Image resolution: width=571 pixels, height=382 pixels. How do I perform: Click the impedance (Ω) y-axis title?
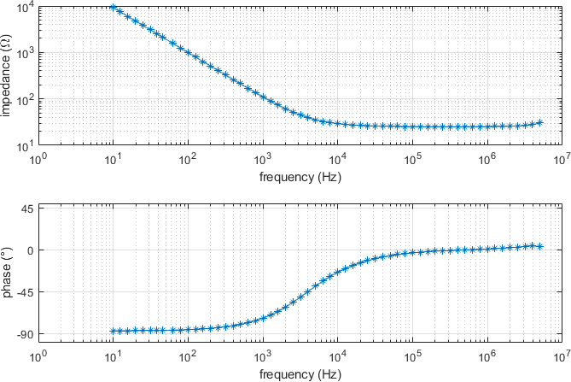pos(6,75)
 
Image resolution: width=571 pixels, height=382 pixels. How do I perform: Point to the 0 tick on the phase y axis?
pos(28,250)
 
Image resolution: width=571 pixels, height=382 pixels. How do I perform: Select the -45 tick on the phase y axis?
pos(22,292)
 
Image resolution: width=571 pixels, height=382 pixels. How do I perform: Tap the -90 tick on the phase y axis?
pos(22,334)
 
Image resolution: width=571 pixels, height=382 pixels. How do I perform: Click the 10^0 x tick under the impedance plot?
pos(38,160)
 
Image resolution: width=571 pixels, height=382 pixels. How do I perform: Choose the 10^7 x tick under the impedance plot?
pos(561,160)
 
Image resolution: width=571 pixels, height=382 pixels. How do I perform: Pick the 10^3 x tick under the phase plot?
pos(262,356)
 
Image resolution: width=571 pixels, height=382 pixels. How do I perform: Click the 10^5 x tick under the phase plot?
pos(412,356)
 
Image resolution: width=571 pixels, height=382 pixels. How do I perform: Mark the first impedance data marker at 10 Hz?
pos(113,7)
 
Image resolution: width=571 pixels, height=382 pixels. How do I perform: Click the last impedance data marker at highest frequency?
pos(539,123)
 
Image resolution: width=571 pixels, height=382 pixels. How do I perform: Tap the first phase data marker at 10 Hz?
pos(113,331)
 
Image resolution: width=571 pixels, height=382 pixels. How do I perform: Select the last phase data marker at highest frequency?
pos(539,246)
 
